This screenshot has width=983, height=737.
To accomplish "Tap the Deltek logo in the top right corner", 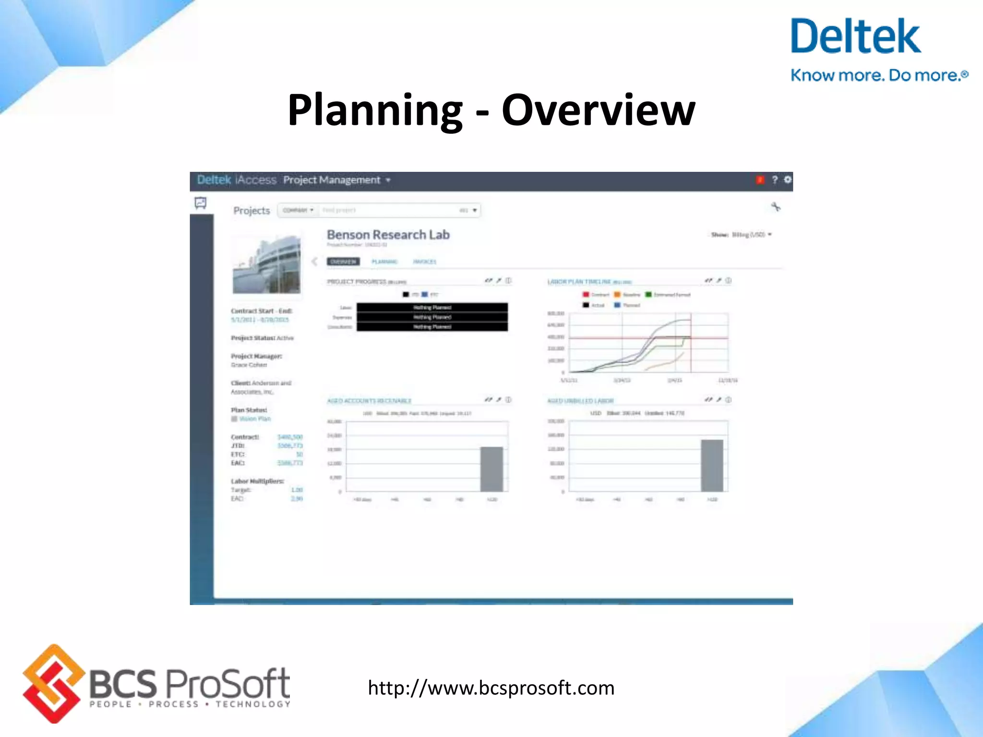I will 855,37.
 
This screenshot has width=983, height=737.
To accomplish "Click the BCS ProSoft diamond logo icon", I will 53,683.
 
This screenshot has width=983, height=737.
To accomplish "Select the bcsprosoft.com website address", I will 491,688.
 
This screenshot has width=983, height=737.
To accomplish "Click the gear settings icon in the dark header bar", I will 788,179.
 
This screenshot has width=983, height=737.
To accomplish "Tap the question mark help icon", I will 774,179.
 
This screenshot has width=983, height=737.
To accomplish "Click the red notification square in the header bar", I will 760,180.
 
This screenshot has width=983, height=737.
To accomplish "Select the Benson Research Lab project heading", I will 388,235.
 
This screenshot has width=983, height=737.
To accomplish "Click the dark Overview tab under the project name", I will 343,262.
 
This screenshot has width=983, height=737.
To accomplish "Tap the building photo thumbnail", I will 267,264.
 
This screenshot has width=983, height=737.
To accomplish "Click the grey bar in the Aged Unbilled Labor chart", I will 712,465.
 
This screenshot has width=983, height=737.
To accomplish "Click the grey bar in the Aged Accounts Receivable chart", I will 491,469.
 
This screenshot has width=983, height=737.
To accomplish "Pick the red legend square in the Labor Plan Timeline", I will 586,295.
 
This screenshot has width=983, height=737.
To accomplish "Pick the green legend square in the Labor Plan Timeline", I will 648,295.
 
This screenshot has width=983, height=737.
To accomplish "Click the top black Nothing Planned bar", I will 432,307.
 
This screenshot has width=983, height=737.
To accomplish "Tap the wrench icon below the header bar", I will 776,207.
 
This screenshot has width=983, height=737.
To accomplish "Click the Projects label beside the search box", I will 252,211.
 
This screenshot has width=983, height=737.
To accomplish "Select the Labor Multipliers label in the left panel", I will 257,481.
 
